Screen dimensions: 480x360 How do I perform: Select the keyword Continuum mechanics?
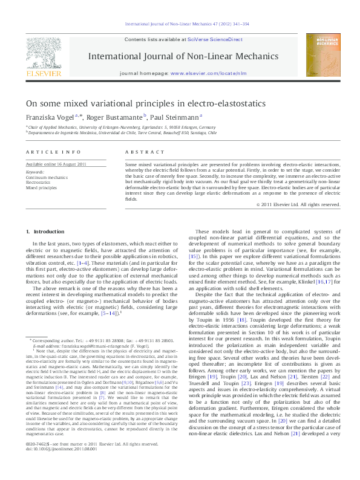click(47, 178)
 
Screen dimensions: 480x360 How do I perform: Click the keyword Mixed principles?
click(42, 188)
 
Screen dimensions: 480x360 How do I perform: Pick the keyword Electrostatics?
click(40, 183)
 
